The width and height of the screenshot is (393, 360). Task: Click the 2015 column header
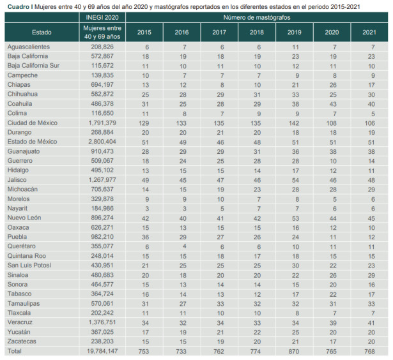(144, 31)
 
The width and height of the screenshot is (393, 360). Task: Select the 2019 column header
(294, 31)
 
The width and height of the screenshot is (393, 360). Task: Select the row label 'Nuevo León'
(26, 218)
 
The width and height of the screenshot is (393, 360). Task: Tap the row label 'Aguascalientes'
(29, 47)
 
